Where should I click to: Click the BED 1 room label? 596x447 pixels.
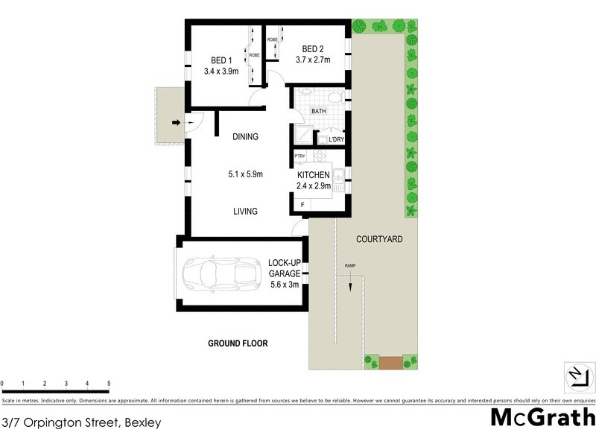tap(221, 60)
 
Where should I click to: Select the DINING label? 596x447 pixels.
tap(245, 136)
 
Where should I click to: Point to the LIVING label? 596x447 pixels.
tap(245, 212)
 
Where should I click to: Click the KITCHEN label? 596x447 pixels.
tap(314, 174)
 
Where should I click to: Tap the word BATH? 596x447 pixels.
tap(319, 111)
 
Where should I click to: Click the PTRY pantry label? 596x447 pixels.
tap(300, 156)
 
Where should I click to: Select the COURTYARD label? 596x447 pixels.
tap(379, 239)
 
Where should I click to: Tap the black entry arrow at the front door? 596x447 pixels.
tap(177, 123)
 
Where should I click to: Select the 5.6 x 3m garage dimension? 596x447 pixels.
tap(284, 283)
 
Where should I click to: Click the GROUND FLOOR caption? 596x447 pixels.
tap(237, 343)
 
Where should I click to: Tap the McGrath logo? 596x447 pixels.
tap(542, 416)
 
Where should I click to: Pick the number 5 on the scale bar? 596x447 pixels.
tap(109, 384)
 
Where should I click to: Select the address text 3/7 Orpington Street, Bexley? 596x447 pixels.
tap(81, 422)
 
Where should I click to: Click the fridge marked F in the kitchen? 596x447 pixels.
tap(302, 204)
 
